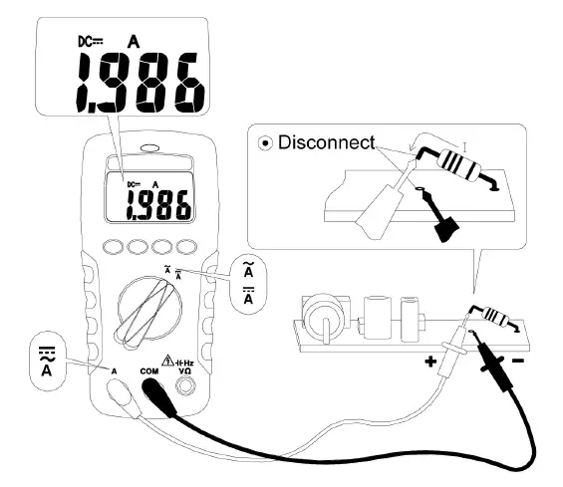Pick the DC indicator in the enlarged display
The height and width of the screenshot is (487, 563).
pyautogui.click(x=91, y=42)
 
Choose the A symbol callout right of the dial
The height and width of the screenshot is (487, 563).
pyautogui.click(x=247, y=285)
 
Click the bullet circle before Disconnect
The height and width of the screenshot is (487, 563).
pyautogui.click(x=267, y=143)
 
